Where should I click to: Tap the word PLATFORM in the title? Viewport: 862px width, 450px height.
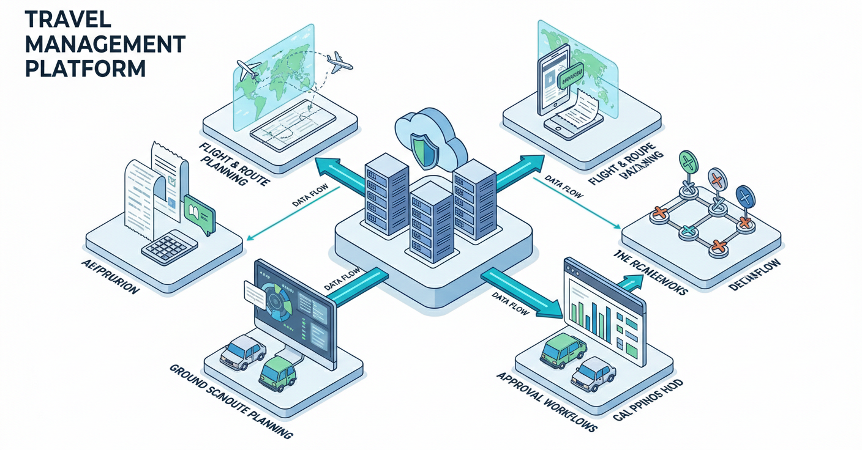[85, 67]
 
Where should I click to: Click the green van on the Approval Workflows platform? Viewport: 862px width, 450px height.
[563, 350]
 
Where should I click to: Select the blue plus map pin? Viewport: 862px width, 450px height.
[745, 197]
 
